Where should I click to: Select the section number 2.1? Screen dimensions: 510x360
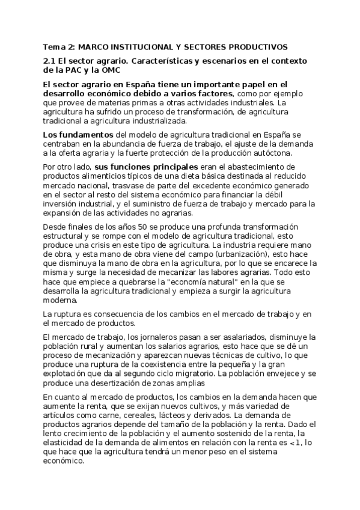(50, 61)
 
